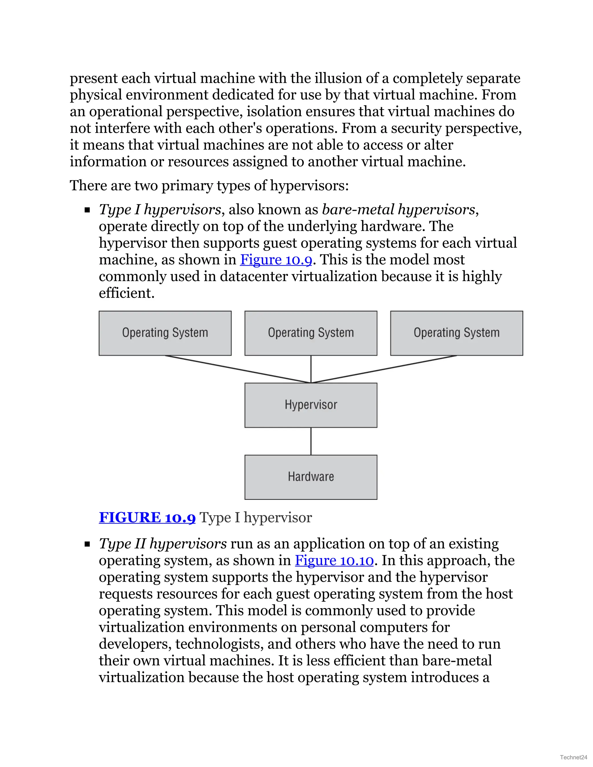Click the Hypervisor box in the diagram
311,405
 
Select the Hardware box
311,477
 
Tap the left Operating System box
165,333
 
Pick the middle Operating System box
311,333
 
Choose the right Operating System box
456,333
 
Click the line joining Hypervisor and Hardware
311,441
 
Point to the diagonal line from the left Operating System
238,369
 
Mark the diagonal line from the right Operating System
384,369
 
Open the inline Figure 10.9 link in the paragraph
276,260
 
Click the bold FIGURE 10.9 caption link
147,518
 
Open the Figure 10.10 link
334,561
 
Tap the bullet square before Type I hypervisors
87,210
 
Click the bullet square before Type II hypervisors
87,544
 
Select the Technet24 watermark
573,757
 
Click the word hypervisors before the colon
308,186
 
